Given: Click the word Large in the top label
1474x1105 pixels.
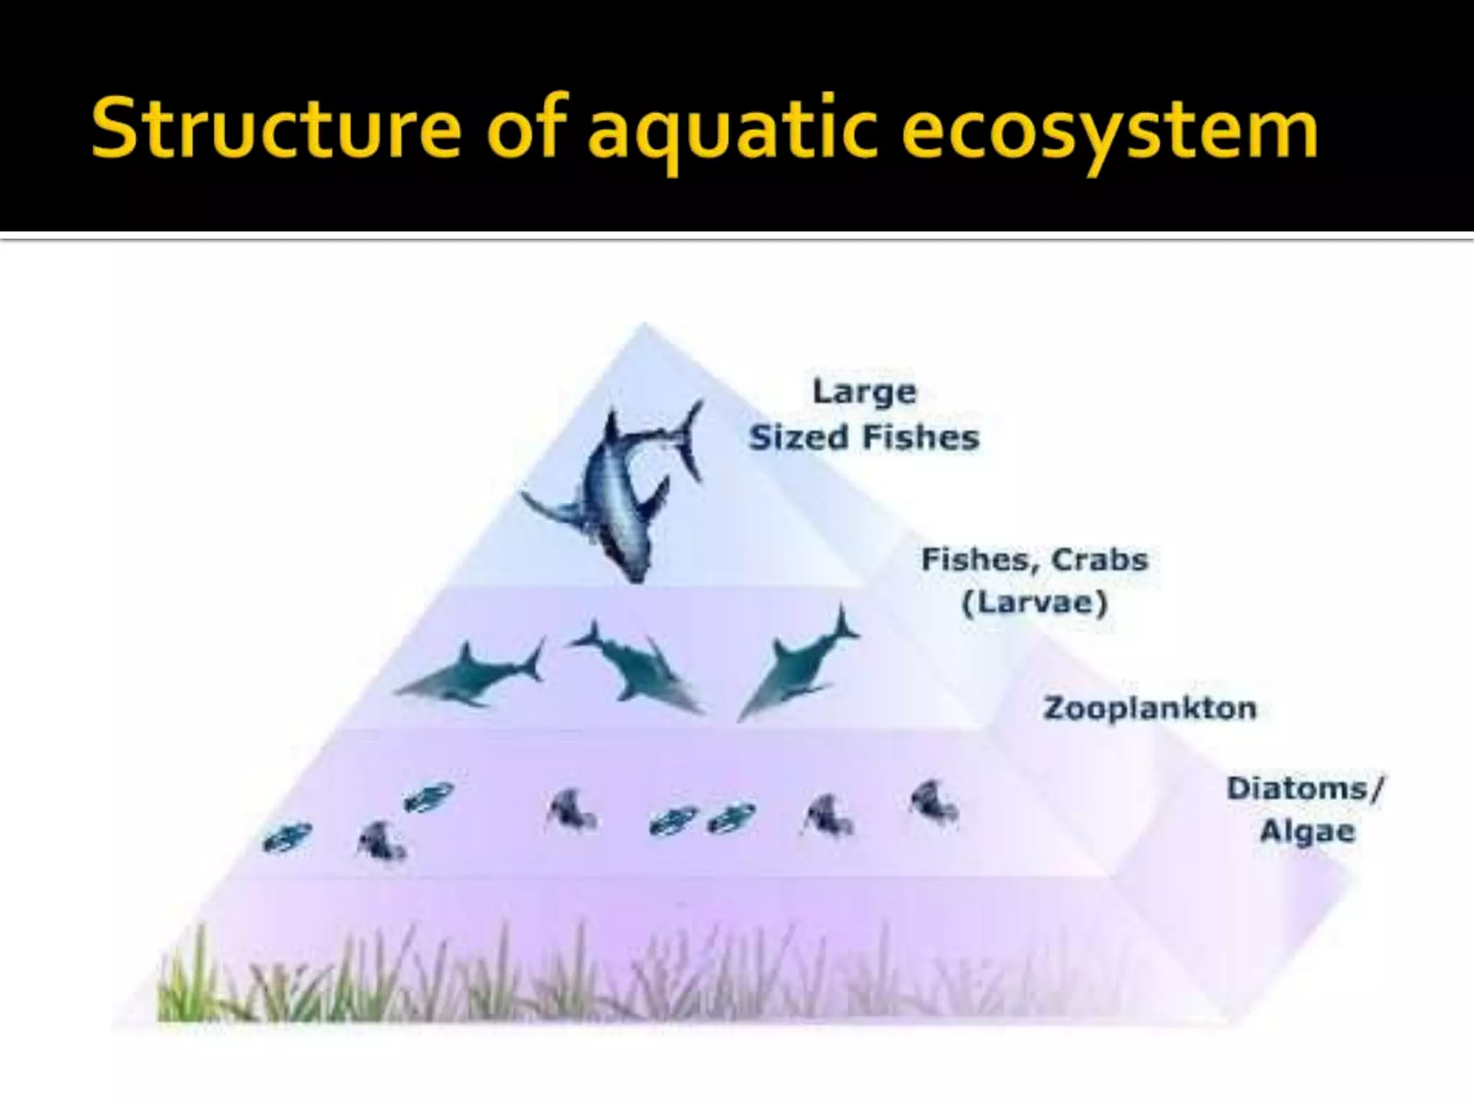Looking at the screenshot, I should click(x=864, y=392).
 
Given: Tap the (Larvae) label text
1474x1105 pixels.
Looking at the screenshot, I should click(x=1034, y=602).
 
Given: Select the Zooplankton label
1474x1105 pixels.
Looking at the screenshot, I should click(x=1149, y=709).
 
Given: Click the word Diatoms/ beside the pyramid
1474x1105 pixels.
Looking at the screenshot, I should click(x=1304, y=788).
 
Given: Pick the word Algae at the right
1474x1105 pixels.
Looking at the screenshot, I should click(x=1307, y=832).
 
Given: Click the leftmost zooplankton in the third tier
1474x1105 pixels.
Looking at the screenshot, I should click(x=287, y=837).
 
